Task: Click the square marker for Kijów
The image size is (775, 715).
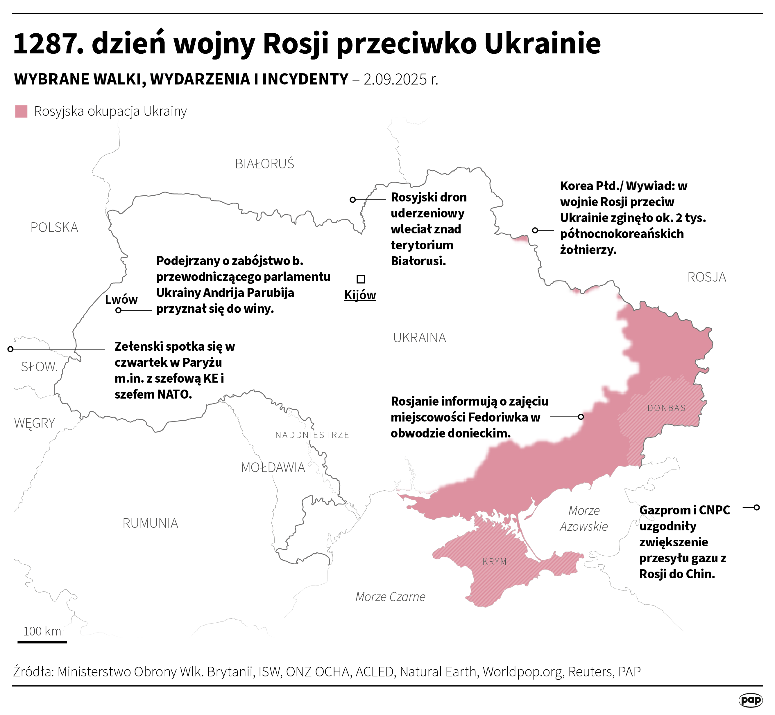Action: [361, 279]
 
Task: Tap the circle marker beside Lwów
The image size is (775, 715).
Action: [119, 310]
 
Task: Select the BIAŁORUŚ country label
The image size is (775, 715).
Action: [264, 164]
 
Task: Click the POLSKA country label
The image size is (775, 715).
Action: [54, 228]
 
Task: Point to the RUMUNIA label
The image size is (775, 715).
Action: [150, 523]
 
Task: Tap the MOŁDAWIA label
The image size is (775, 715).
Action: [273, 467]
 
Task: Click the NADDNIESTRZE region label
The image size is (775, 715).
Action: [312, 435]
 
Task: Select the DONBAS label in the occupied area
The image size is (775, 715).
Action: [666, 408]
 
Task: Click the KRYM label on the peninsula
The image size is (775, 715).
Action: [495, 561]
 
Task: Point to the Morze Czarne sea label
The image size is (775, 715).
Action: [390, 597]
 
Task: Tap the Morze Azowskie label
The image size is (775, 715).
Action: [584, 518]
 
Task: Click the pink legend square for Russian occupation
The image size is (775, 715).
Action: [21, 111]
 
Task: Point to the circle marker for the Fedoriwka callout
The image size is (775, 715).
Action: [581, 417]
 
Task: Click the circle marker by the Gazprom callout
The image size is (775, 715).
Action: [756, 507]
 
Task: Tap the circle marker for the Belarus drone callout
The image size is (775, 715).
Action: [352, 200]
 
